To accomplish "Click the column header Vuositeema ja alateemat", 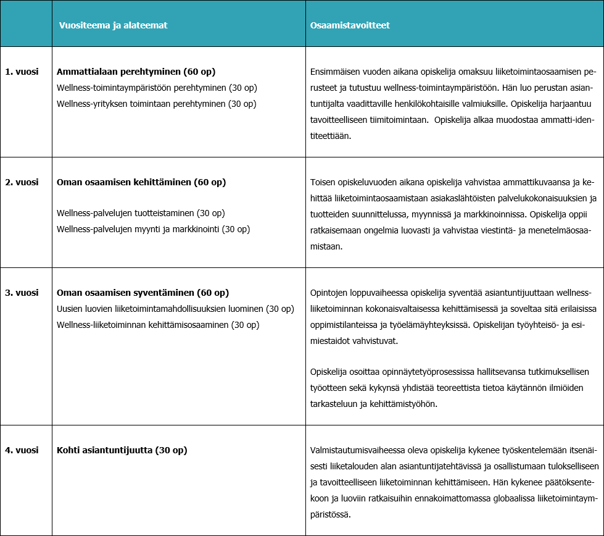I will coord(113,25).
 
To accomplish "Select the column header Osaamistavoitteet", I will coord(350,25).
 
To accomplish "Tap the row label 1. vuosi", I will coord(22,72).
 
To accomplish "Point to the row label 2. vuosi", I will coord(22,182).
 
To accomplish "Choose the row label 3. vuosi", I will coord(22,293).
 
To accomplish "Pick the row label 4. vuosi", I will coord(22,450).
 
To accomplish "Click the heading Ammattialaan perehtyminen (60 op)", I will coord(136,72).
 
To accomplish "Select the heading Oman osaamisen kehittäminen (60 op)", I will coord(141,182).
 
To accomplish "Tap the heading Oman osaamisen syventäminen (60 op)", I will coord(143,293).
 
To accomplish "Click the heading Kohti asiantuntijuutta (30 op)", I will coord(122,450).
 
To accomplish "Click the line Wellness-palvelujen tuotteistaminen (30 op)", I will coord(141,213).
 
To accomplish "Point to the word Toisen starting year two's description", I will coord(322,182).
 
